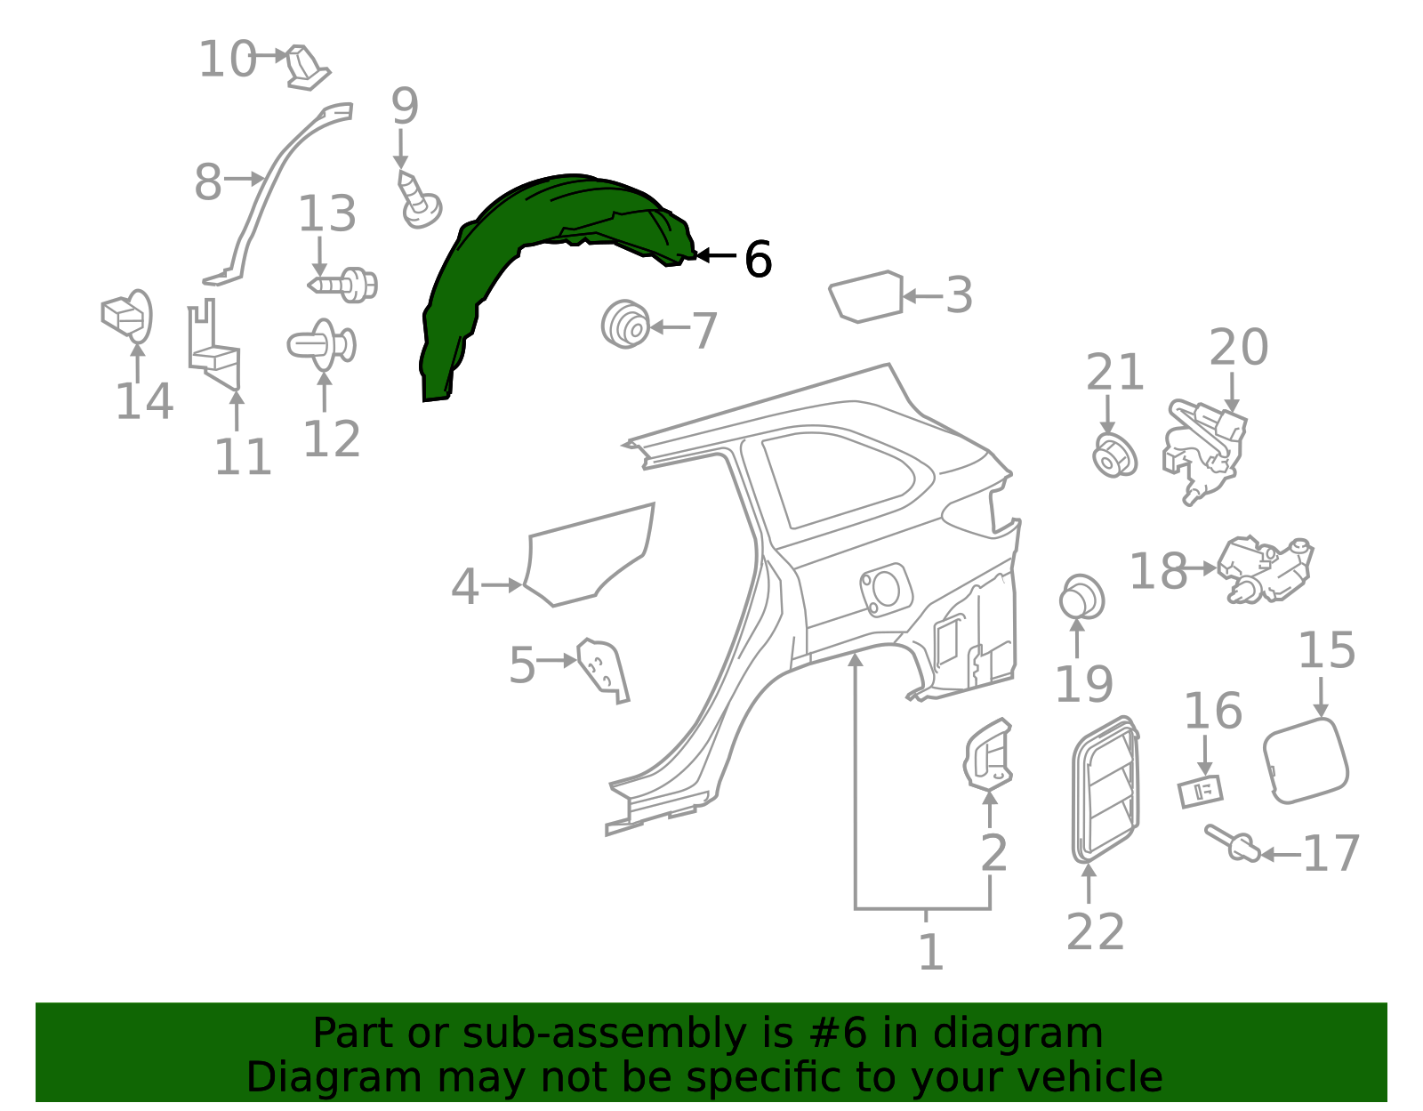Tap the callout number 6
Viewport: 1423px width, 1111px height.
pyautogui.click(x=759, y=259)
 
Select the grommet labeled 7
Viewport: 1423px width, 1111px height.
pyautogui.click(x=625, y=324)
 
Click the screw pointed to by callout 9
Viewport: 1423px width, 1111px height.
pyautogui.click(x=420, y=200)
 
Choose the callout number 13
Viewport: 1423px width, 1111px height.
pyautogui.click(x=326, y=213)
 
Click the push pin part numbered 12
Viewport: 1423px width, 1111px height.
pyautogui.click(x=322, y=345)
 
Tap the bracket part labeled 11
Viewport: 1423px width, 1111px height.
pyautogui.click(x=214, y=345)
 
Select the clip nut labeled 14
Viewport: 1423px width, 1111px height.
pyautogui.click(x=127, y=316)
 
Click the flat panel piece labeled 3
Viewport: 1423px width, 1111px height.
pyautogui.click(x=865, y=296)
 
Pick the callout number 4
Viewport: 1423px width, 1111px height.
pyautogui.click(x=465, y=586)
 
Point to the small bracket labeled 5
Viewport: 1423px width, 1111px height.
pyautogui.click(x=603, y=671)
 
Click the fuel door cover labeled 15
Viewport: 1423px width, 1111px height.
pyautogui.click(x=1306, y=761)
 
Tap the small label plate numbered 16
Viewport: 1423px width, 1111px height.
pyautogui.click(x=1201, y=793)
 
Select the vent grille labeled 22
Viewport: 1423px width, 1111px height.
pyautogui.click(x=1105, y=790)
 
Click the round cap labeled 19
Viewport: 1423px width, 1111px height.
pyautogui.click(x=1081, y=597)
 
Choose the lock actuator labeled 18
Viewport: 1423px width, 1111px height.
pyautogui.click(x=1266, y=569)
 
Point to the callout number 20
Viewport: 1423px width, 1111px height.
pyautogui.click(x=1239, y=347)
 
